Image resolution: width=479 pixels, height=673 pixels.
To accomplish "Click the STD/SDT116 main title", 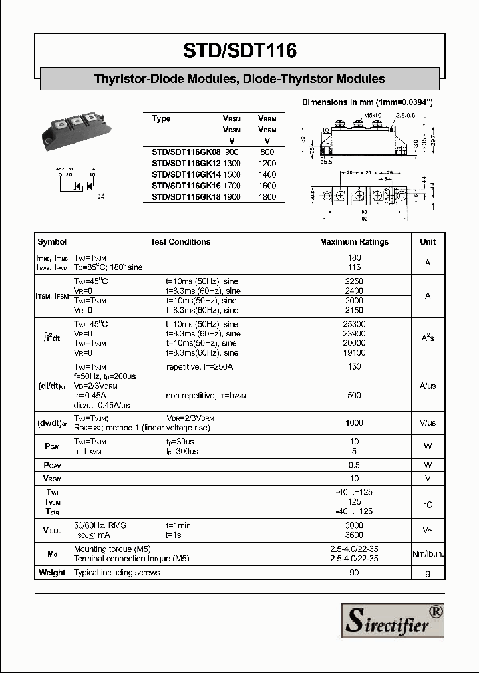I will (239, 50).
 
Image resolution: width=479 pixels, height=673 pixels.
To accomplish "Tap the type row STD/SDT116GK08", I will (186, 152).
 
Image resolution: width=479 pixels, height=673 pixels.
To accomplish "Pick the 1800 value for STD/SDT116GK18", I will (267, 197).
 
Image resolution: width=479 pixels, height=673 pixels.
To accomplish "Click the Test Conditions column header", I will (180, 242).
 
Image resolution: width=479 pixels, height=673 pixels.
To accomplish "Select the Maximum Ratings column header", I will (354, 242).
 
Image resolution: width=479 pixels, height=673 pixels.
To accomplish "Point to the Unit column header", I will (428, 242).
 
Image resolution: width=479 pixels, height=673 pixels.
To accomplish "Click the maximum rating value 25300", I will (354, 323).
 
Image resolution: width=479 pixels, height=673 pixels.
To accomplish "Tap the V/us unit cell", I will (428, 423).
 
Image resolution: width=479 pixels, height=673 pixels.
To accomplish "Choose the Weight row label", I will (52, 573).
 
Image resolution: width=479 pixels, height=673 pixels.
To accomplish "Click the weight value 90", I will (354, 573).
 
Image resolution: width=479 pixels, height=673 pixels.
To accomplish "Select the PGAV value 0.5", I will (354, 465).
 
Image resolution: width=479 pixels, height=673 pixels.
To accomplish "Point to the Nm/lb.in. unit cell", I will (428, 554).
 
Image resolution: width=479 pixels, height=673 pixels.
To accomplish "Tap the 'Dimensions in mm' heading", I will (367, 102).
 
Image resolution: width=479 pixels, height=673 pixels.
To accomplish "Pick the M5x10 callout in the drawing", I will (373, 116).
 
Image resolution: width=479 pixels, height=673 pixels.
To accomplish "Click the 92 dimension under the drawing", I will (363, 218).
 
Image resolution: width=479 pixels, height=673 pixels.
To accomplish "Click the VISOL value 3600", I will (354, 535).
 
